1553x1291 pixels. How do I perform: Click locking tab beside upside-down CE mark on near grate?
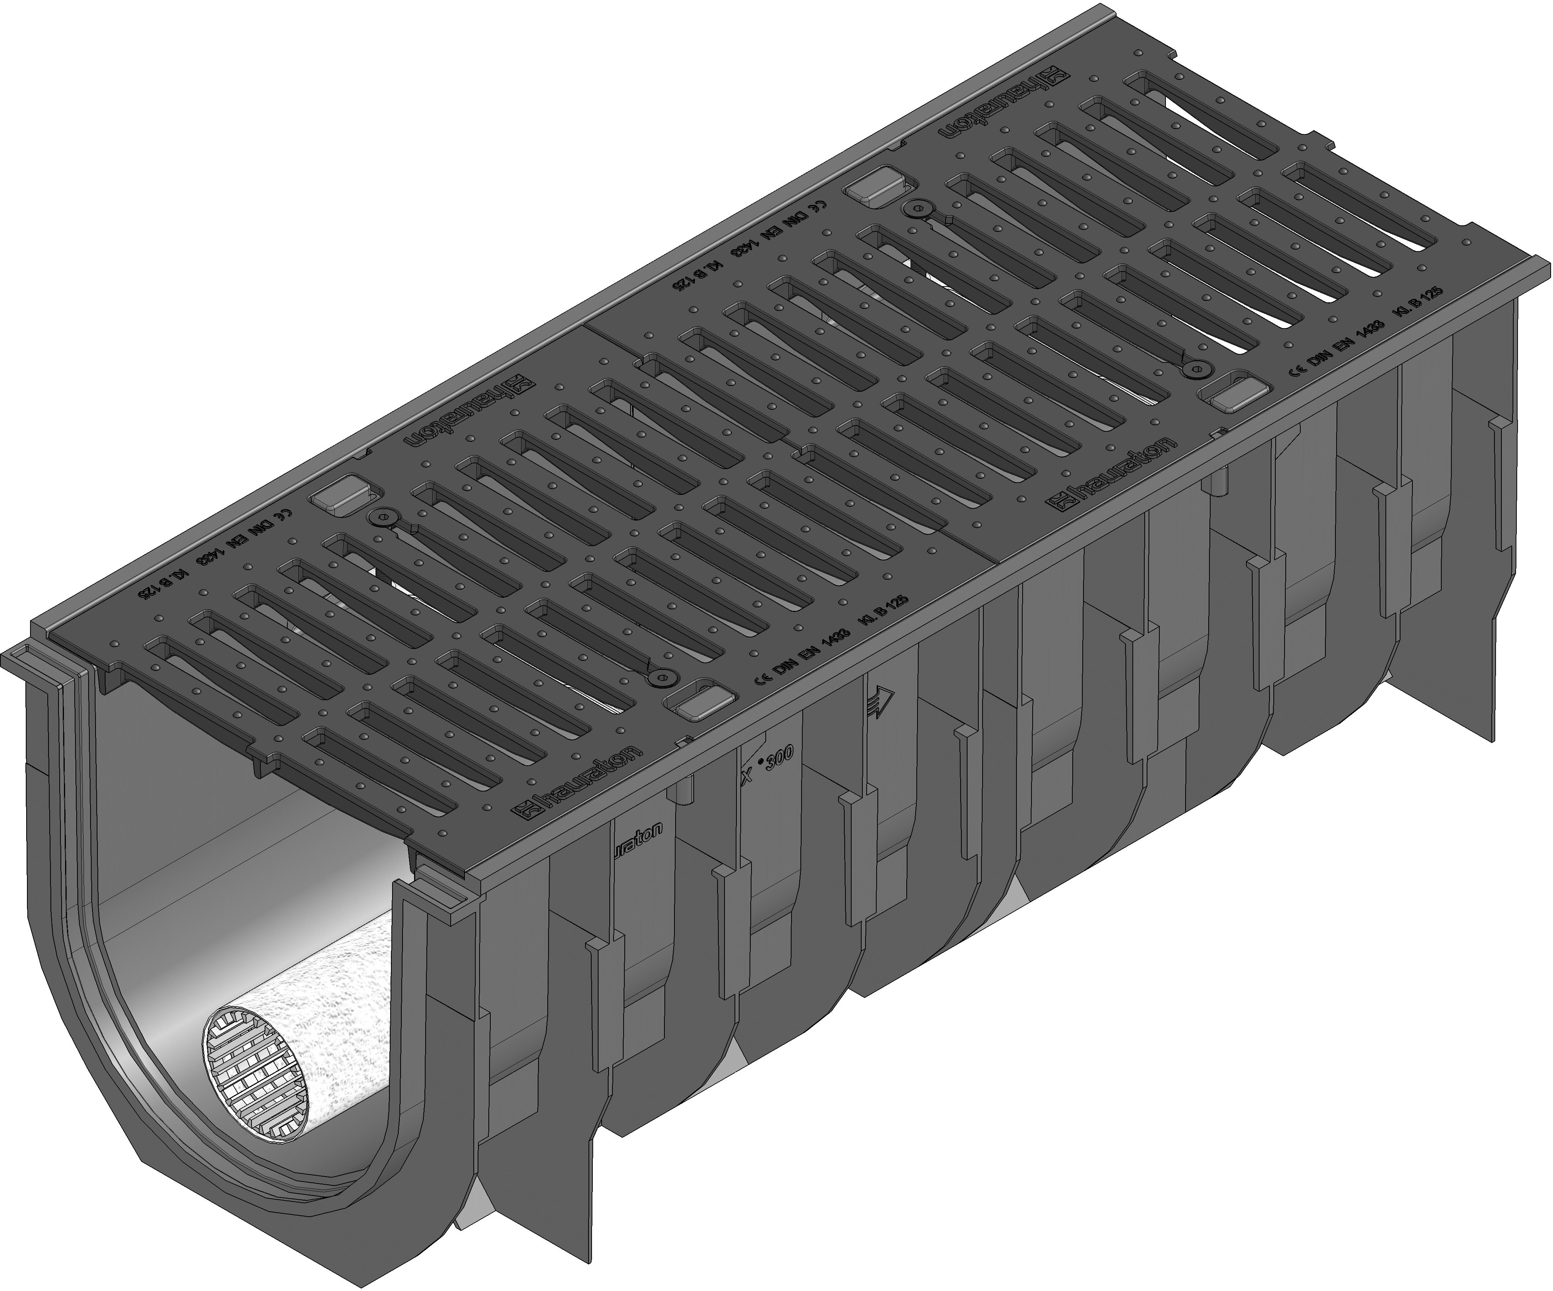[333, 493]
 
